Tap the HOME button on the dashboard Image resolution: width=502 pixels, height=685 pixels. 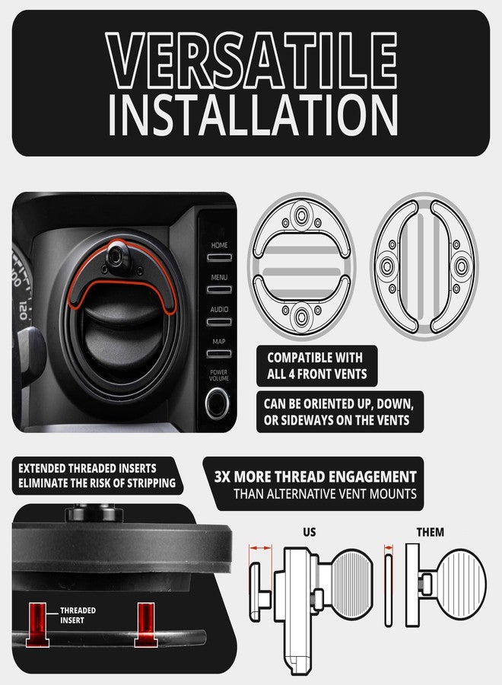[219, 254]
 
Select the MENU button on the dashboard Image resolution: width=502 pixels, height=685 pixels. [219, 286]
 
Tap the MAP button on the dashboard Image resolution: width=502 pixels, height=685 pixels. [219, 350]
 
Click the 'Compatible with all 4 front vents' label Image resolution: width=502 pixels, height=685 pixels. [315, 365]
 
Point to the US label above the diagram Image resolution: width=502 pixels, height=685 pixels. [309, 532]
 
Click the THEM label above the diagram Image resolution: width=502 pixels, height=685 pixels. [431, 532]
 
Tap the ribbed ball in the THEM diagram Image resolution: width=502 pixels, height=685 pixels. [459, 582]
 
